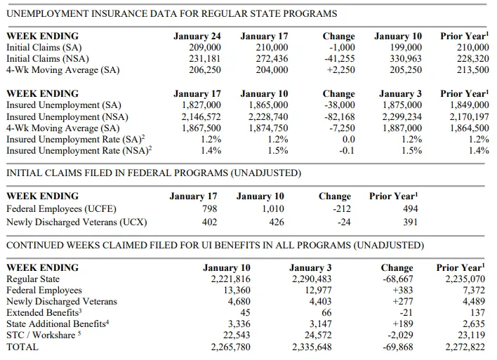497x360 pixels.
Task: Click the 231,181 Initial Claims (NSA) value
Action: pos(205,59)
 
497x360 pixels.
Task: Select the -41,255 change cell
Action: pos(340,59)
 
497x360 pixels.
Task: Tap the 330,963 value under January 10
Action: pos(406,59)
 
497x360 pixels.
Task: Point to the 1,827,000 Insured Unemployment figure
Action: pos(201,105)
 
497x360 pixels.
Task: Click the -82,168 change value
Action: pos(340,116)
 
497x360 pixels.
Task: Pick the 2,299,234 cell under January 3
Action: pos(402,116)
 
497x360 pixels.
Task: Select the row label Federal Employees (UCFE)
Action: pos(61,209)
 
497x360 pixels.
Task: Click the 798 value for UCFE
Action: pos(209,209)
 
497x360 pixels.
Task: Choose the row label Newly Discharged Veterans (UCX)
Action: pos(77,222)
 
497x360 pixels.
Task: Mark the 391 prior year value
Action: pos(410,222)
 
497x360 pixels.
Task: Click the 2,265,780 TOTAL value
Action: pos(230,347)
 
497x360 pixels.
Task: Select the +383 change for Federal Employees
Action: pos(403,291)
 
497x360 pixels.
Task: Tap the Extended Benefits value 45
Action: pos(245,313)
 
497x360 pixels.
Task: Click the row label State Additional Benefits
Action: pos(58,324)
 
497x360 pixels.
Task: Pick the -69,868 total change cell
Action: pos(398,347)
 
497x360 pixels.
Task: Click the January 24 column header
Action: pos(197,36)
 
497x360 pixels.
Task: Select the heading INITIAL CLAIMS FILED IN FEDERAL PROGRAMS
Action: pos(117,173)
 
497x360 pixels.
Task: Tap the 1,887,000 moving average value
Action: pos(402,128)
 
